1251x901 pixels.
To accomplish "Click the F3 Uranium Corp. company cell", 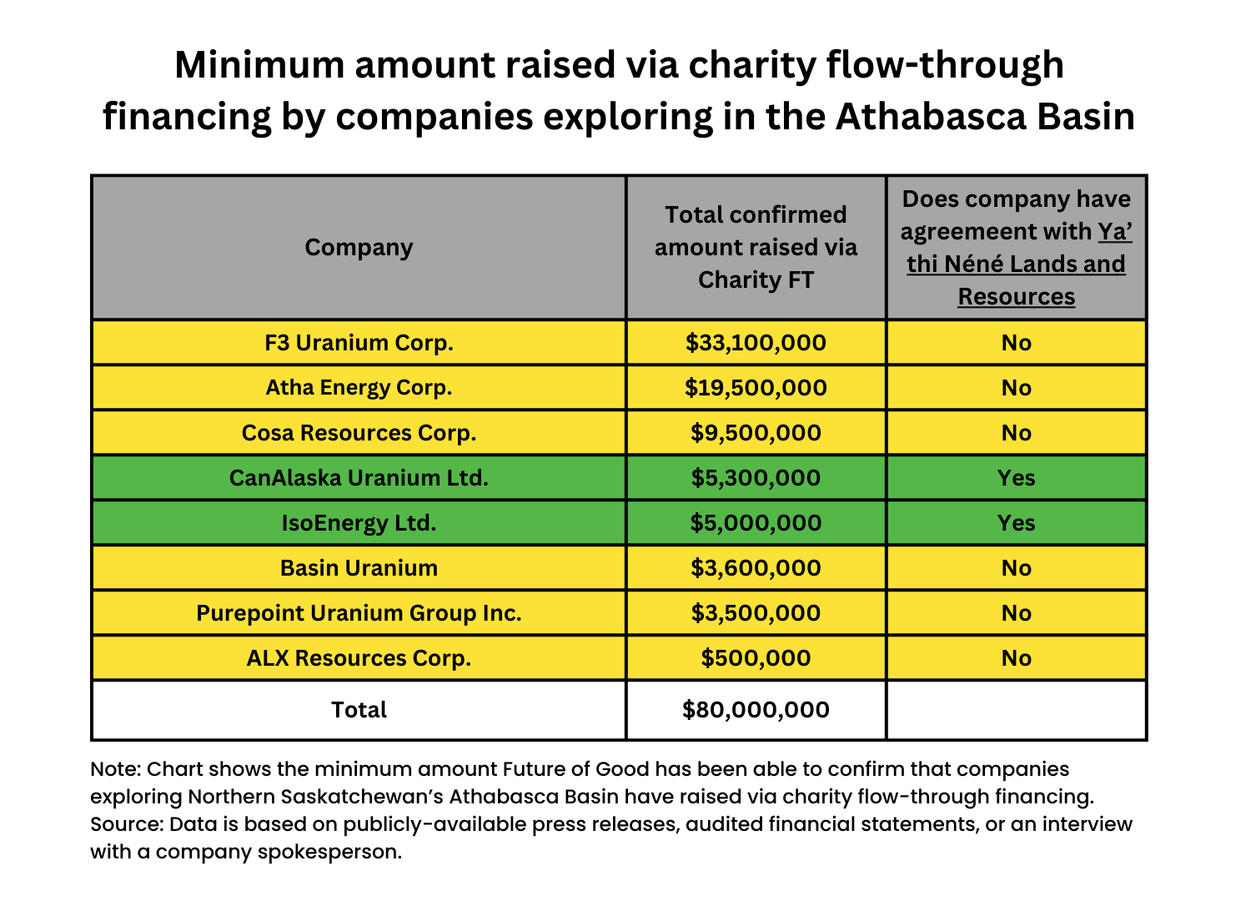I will [359, 343].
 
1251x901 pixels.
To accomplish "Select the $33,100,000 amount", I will [756, 343].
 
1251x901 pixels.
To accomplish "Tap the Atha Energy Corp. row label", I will [359, 388].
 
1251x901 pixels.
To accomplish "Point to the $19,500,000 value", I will [756, 388].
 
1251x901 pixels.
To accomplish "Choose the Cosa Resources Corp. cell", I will [359, 433].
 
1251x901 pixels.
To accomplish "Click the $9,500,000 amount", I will [756, 433].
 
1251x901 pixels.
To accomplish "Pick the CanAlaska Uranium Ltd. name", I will [359, 478].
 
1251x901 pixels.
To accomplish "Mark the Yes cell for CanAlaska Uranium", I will [1016, 478].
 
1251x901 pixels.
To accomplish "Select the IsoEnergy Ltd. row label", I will [359, 523].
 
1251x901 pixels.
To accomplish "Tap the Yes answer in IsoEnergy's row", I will [1016, 523].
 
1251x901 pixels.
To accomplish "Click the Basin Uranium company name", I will [359, 568].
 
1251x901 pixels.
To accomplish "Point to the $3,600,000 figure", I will [756, 568].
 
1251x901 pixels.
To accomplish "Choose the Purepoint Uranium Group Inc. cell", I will [359, 613].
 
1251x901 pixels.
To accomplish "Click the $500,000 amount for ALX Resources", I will [756, 658].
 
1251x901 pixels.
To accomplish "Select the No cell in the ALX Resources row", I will [1016, 658].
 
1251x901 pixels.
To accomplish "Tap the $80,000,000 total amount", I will [756, 710].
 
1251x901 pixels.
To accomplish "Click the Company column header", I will [359, 248].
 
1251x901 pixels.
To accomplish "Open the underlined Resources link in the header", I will [1016, 297].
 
